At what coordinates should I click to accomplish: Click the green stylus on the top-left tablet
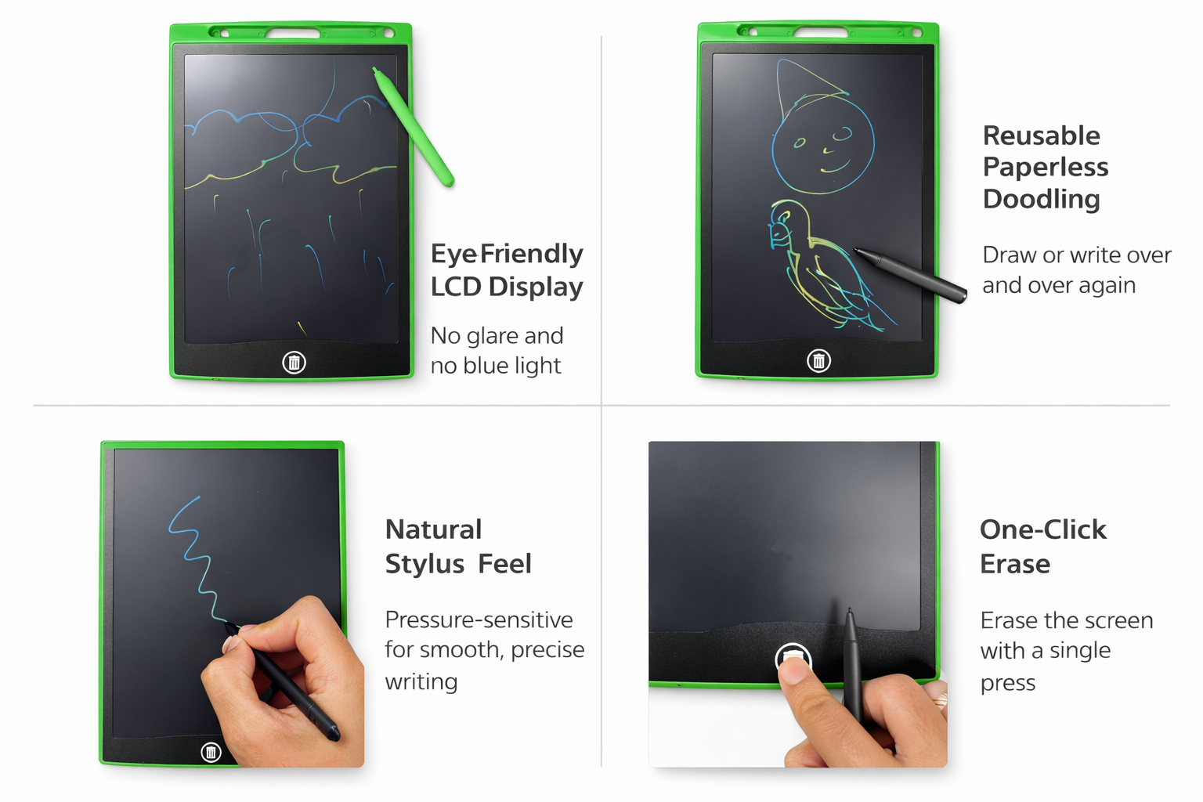click(x=414, y=128)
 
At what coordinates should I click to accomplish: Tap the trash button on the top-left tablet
click(x=294, y=363)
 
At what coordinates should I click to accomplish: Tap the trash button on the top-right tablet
click(x=818, y=360)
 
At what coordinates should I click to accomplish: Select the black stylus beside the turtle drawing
click(x=911, y=275)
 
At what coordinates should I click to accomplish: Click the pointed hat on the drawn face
click(x=806, y=89)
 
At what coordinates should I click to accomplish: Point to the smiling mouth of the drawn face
click(x=835, y=168)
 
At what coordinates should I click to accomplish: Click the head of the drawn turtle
click(x=782, y=226)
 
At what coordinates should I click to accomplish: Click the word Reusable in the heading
click(x=1041, y=135)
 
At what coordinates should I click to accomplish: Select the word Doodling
click(x=1041, y=199)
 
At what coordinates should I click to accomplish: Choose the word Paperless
click(x=1045, y=167)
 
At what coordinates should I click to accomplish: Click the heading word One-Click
click(x=1043, y=529)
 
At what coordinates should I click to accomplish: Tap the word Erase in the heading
click(x=1014, y=564)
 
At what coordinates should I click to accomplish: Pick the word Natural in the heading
click(x=433, y=529)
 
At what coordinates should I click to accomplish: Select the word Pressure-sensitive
click(x=479, y=620)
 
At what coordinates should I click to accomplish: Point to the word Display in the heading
click(x=536, y=287)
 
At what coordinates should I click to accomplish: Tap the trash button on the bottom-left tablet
click(x=211, y=752)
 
